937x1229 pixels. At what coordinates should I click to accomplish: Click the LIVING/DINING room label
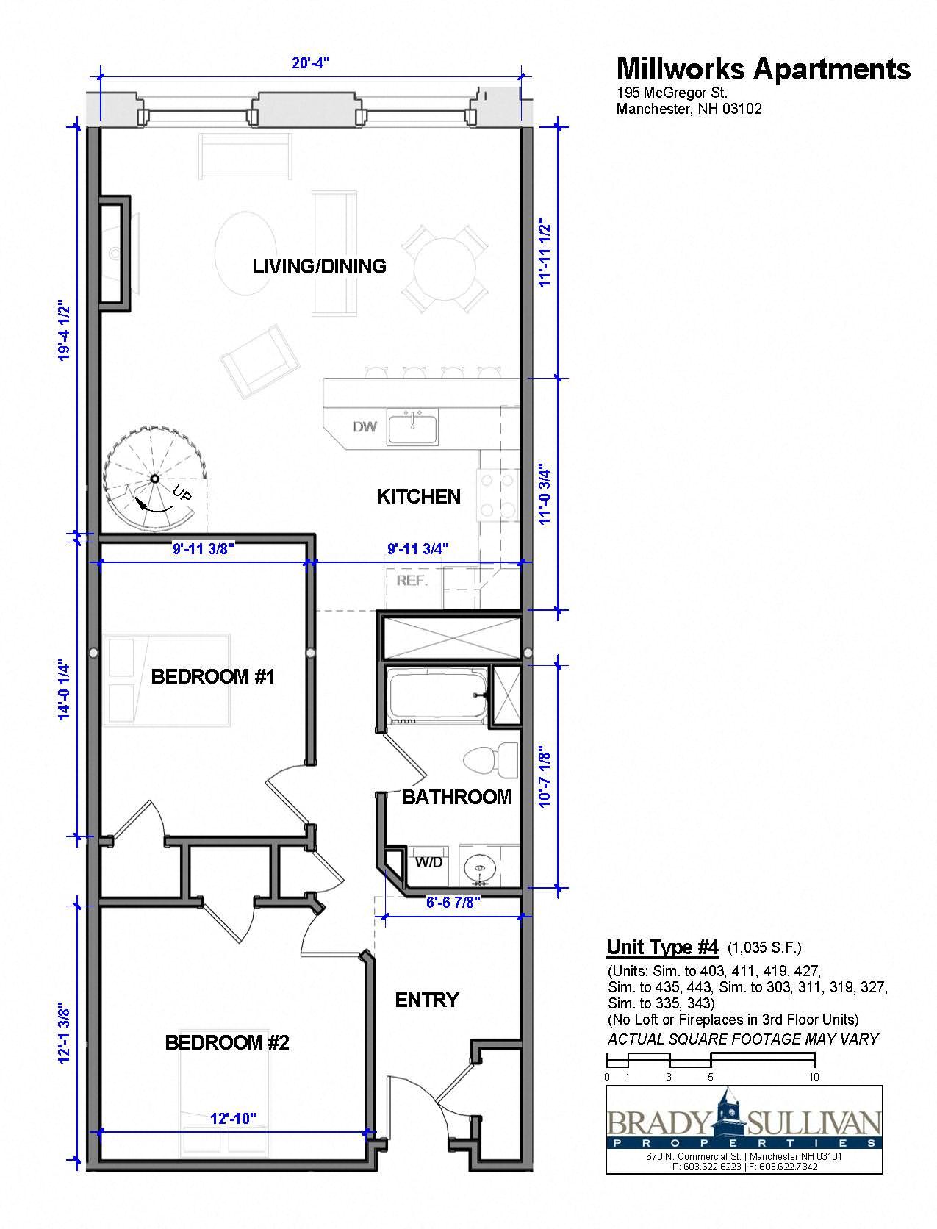[319, 266]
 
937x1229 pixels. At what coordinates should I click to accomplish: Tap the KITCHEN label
[418, 497]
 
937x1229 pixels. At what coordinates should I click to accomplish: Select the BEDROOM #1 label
[212, 676]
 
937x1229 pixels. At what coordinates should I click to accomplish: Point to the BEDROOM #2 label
[227, 1042]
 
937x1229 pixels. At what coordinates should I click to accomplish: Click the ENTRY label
[426, 1000]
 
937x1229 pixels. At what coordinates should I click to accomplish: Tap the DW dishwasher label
[365, 427]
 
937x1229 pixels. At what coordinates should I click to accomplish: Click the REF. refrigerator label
[412, 580]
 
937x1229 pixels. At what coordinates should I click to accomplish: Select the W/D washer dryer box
[428, 862]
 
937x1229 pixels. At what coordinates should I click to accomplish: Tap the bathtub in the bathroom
[438, 695]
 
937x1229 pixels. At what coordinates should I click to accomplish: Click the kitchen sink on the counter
[412, 427]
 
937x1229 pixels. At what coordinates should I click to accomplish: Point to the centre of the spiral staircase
[155, 479]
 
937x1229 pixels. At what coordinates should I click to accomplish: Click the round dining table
[445, 268]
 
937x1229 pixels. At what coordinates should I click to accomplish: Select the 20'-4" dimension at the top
[310, 63]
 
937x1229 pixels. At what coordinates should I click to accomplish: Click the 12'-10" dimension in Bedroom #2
[233, 1119]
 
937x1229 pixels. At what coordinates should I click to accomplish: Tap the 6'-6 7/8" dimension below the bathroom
[453, 903]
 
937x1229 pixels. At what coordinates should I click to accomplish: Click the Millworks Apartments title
[763, 68]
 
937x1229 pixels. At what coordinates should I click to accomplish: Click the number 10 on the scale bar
[814, 1077]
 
